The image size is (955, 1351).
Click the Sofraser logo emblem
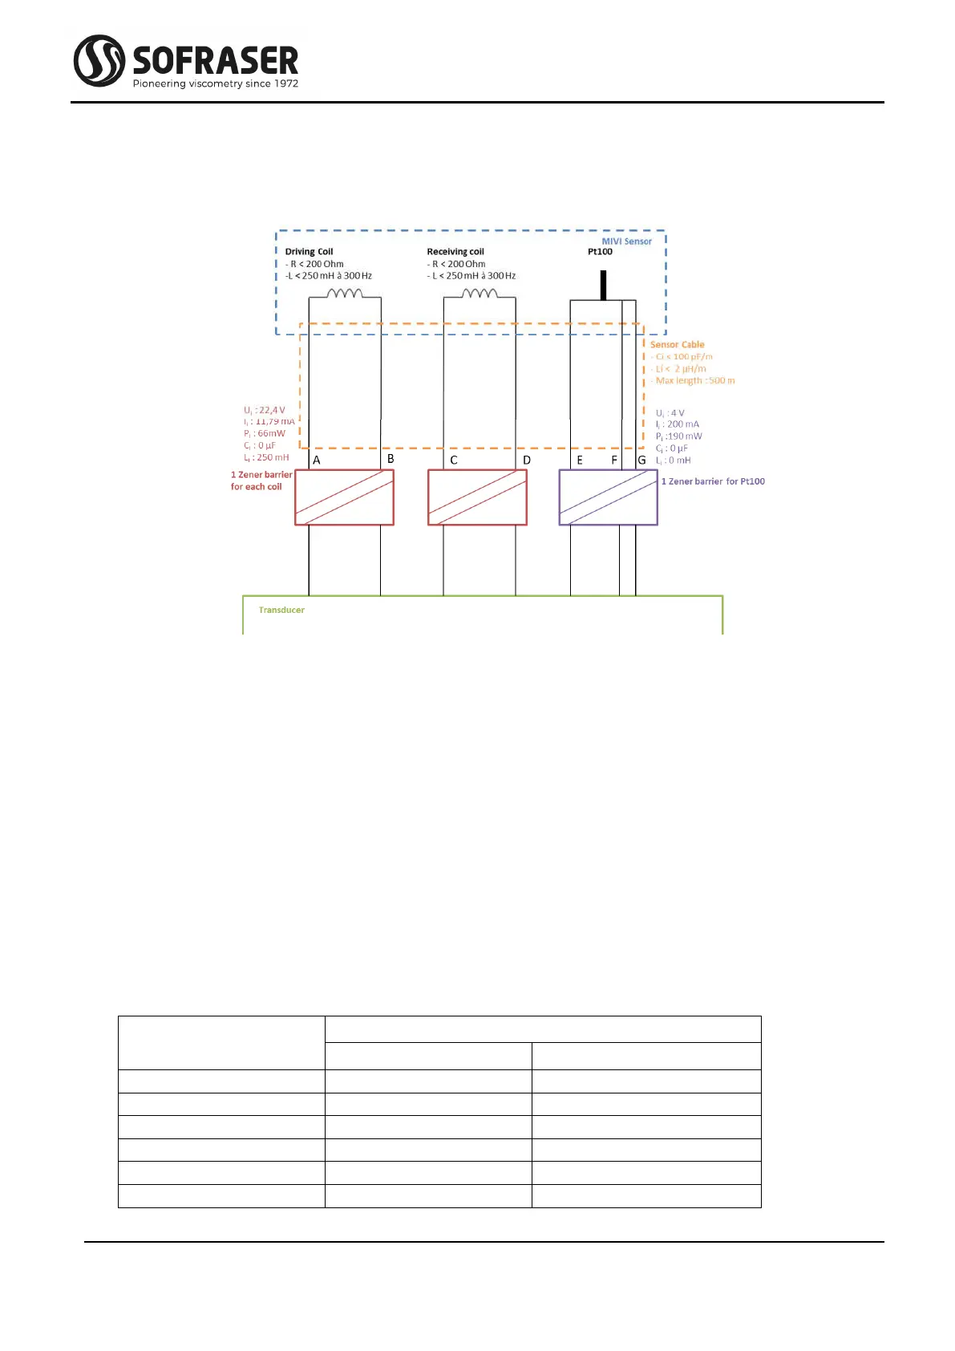tap(99, 60)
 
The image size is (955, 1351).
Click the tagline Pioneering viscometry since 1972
tap(215, 83)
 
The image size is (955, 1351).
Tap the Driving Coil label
tap(309, 251)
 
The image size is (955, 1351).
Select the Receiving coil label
tap(455, 251)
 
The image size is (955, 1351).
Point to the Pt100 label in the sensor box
tap(600, 251)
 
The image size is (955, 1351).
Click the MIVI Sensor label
tap(626, 241)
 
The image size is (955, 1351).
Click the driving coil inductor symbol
tap(345, 294)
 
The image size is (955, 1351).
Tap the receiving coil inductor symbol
tap(480, 294)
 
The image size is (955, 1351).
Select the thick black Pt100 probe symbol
tap(603, 285)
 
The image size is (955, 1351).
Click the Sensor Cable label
tap(677, 344)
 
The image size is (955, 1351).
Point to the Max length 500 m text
tap(695, 380)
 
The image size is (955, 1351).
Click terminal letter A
tap(317, 460)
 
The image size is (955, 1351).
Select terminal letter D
tap(527, 460)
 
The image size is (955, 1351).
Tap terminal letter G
tap(641, 460)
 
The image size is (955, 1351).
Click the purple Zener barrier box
tap(608, 497)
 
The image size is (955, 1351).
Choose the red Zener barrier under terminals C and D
tap(477, 497)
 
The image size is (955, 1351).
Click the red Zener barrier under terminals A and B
tap(344, 497)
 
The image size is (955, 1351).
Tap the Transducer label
tap(281, 610)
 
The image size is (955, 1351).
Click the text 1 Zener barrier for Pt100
tap(713, 481)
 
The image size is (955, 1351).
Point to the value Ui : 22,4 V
tap(265, 410)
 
